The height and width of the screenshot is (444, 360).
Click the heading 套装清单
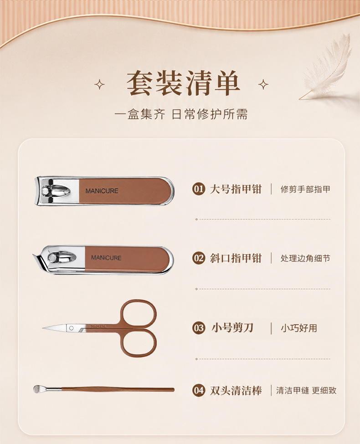coord(183,83)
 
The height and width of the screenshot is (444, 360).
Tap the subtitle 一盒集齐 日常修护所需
coord(181,114)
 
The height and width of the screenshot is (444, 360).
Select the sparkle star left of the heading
coord(99,84)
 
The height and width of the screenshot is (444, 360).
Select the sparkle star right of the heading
coord(263,84)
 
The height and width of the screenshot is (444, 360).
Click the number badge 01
coord(198,189)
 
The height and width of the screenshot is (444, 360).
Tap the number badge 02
coord(198,258)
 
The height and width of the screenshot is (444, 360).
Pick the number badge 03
coord(198,328)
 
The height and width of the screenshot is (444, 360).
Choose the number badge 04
coord(198,390)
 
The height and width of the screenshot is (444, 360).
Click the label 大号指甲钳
coord(236,189)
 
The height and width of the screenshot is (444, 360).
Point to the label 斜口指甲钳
coord(236,258)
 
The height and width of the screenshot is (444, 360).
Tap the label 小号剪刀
coord(232,327)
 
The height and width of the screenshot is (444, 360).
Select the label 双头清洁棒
coord(236,390)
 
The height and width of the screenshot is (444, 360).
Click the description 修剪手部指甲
coord(305,189)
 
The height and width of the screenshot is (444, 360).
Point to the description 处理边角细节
coord(305,258)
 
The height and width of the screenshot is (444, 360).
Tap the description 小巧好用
coord(299,328)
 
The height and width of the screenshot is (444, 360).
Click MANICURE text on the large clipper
coord(102,191)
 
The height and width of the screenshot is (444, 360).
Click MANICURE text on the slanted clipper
coord(106,258)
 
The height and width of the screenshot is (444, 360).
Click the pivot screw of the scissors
coord(72,328)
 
